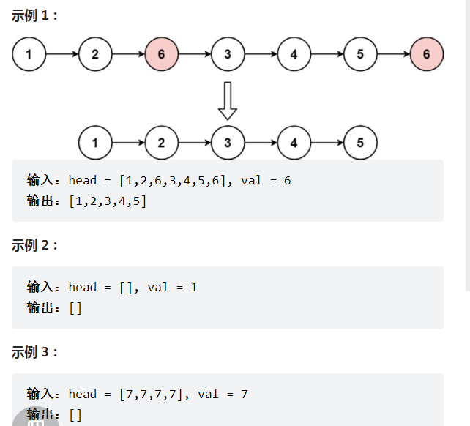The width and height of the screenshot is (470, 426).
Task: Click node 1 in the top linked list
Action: [x=29, y=54]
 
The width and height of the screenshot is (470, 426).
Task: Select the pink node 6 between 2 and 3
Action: [x=161, y=54]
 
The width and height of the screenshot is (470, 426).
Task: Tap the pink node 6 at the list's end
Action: [x=427, y=54]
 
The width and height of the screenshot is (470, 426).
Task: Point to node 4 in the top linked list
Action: [x=294, y=54]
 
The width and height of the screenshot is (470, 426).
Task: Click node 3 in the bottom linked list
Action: [x=228, y=142]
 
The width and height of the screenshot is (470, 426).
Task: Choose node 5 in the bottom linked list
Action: [x=360, y=142]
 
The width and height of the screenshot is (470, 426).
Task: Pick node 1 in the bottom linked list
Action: [x=95, y=142]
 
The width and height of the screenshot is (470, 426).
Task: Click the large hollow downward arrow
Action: [x=228, y=100]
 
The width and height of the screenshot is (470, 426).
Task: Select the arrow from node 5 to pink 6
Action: [x=393, y=54]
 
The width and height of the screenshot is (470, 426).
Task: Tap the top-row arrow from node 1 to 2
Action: [x=62, y=54]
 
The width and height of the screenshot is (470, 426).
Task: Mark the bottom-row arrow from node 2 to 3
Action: [x=195, y=142]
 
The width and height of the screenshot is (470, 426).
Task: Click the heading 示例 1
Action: [x=34, y=15]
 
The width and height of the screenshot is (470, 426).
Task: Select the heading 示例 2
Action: [x=34, y=245]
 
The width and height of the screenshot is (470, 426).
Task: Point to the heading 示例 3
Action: [x=34, y=352]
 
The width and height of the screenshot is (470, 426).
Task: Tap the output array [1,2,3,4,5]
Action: [x=108, y=201]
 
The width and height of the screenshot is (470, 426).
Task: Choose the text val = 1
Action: [x=173, y=287]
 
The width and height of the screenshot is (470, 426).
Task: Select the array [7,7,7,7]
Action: [x=150, y=394]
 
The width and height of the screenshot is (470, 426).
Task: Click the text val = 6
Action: [x=266, y=180]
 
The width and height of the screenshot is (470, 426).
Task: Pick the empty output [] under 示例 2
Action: [x=75, y=308]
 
